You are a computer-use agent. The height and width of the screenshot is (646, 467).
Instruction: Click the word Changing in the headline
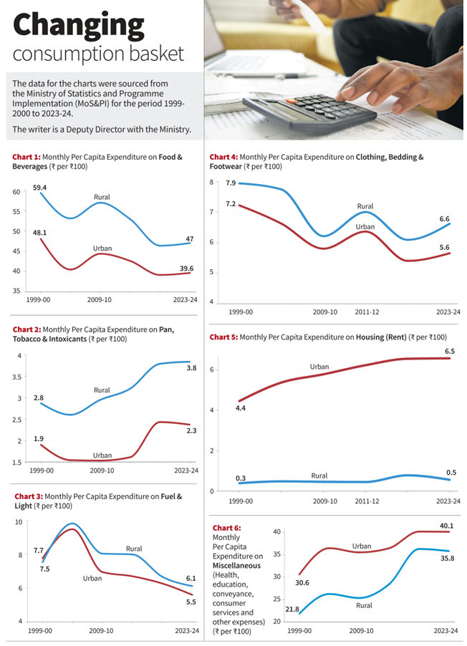[79, 26]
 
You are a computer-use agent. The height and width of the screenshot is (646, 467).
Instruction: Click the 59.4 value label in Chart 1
[40, 188]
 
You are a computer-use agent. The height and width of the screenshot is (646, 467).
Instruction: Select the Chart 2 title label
[27, 329]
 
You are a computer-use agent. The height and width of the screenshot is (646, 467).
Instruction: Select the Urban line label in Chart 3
[92, 578]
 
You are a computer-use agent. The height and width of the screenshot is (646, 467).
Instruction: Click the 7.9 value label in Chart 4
[231, 183]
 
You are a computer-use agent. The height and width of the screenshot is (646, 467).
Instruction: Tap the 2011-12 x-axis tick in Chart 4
[367, 312]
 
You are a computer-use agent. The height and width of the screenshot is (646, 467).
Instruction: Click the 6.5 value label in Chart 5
[450, 352]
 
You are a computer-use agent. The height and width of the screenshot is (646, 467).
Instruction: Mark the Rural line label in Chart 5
[319, 476]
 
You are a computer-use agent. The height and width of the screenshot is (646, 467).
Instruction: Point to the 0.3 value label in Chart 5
[241, 478]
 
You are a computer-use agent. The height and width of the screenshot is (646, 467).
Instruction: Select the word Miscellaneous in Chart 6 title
[236, 566]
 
